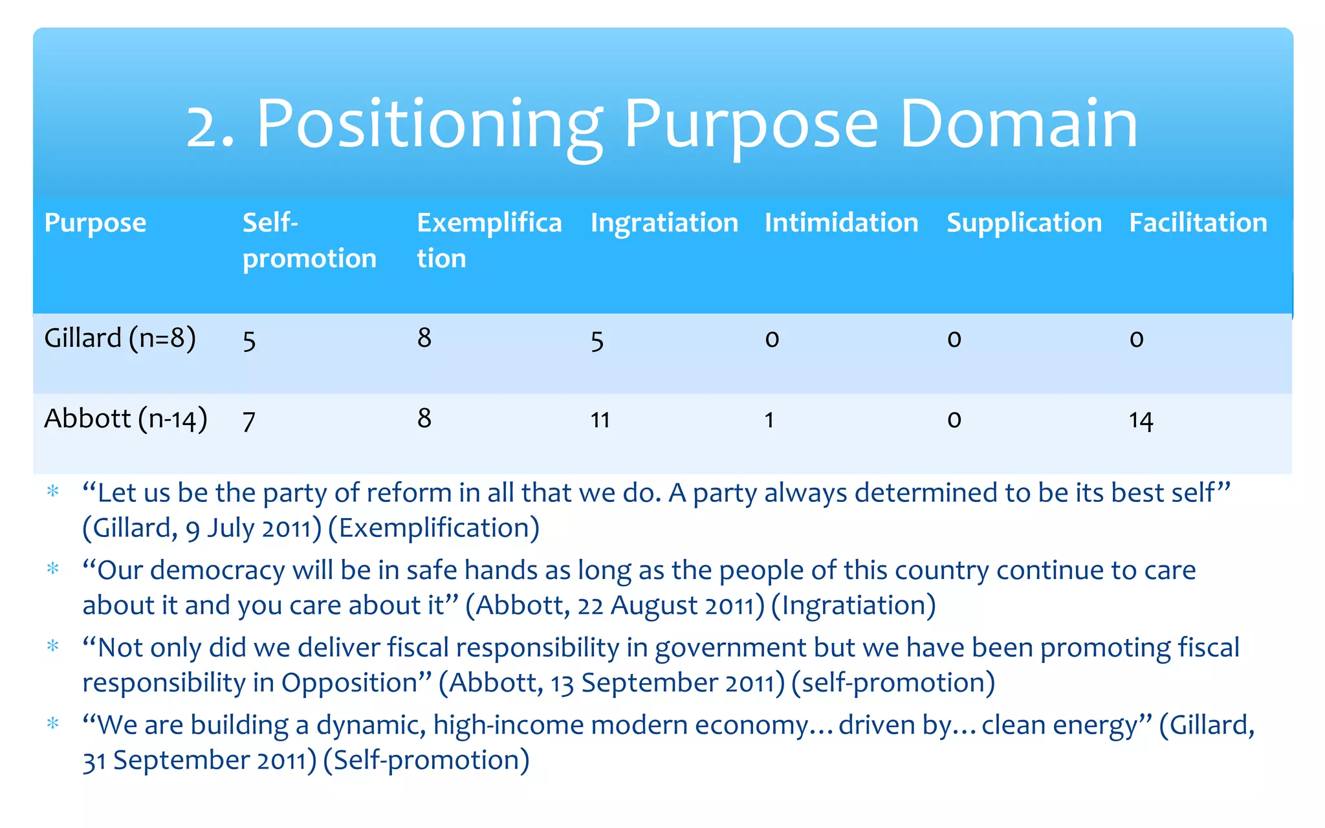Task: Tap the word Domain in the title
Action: [1018, 124]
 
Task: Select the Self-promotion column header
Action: [309, 240]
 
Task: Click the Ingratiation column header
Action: [664, 223]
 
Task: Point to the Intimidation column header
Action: [841, 223]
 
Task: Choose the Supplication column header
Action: [1024, 223]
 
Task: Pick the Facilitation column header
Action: [1198, 223]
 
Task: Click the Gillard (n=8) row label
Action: [120, 338]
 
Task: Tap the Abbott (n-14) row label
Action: [126, 419]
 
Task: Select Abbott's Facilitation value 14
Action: [1141, 420]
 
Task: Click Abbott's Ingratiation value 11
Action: [600, 420]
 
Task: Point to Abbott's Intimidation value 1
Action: [769, 420]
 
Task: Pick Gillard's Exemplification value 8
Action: [424, 338]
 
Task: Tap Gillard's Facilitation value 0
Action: [1137, 339]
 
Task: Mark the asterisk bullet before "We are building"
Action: [53, 723]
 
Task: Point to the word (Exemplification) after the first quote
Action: [433, 528]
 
